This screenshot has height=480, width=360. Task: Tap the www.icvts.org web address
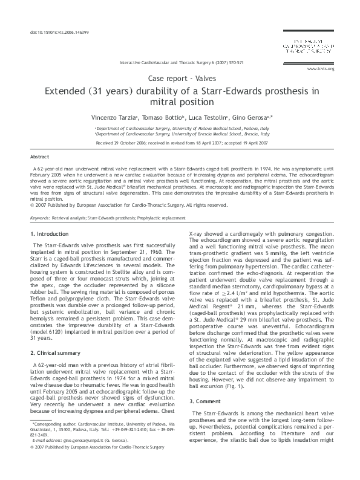click(x=321, y=69)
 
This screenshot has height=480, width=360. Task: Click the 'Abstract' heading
click(x=39, y=156)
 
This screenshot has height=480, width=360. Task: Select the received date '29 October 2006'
click(x=124, y=143)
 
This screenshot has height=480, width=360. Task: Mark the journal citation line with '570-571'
click(x=182, y=62)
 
